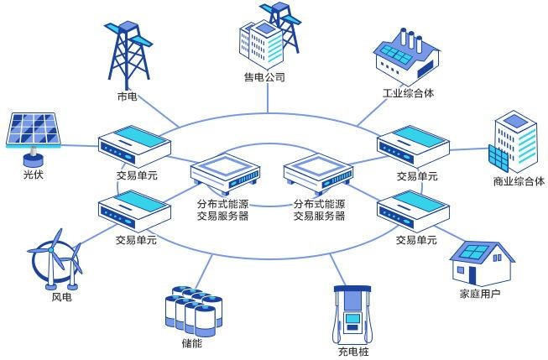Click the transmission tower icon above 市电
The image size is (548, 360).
point(128,50)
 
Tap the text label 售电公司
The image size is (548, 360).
point(265,78)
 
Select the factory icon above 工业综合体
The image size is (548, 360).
point(406,55)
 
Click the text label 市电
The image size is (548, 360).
point(128,97)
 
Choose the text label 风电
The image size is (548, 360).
point(62,297)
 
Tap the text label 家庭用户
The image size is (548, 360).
point(480,294)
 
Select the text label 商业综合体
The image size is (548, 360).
point(519,181)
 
